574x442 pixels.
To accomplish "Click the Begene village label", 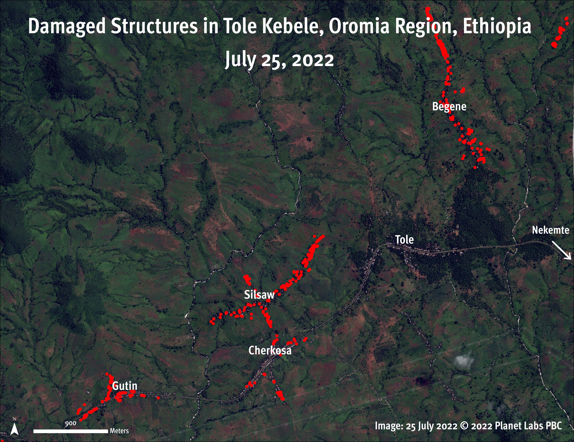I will [449, 107].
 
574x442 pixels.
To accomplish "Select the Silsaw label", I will [259, 295].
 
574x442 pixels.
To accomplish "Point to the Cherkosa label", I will [270, 351].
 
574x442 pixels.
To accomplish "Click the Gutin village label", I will [125, 386].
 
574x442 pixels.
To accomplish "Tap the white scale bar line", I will [70, 431].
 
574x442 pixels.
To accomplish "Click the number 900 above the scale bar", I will [70, 424].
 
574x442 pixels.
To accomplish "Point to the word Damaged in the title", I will [67, 27].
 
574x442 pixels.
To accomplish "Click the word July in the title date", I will [240, 60].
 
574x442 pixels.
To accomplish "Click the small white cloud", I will [464, 361].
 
